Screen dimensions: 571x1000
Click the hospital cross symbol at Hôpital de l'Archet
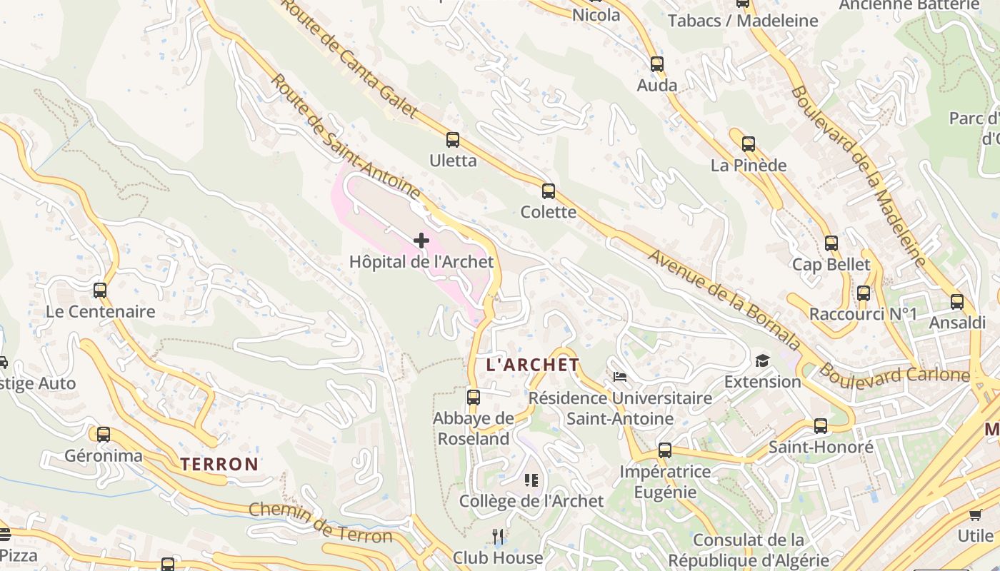tap(421, 241)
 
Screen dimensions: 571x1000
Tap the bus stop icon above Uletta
tap(453, 140)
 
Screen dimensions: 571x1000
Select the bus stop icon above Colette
tap(549, 191)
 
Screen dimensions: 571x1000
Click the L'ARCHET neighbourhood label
tap(533, 365)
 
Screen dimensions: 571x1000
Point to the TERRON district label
tap(219, 464)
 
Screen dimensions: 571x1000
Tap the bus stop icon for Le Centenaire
tap(100, 290)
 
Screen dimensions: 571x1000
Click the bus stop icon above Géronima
tap(104, 434)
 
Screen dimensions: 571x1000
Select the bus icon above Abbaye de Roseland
tap(473, 397)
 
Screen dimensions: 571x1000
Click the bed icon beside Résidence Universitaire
tap(620, 376)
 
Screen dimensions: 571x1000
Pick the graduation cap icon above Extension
tap(763, 360)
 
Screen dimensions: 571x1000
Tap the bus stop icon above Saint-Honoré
tap(821, 426)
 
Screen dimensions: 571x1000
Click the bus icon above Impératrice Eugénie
tap(665, 450)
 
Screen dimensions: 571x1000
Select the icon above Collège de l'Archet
tap(531, 480)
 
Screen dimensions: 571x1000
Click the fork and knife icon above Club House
tap(498, 536)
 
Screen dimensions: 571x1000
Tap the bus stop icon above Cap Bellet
tap(831, 243)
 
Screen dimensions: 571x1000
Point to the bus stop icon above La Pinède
tap(749, 144)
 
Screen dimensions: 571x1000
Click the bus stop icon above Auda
tap(657, 64)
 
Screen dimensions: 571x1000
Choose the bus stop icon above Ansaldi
tap(957, 302)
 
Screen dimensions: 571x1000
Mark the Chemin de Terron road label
tap(321, 523)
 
